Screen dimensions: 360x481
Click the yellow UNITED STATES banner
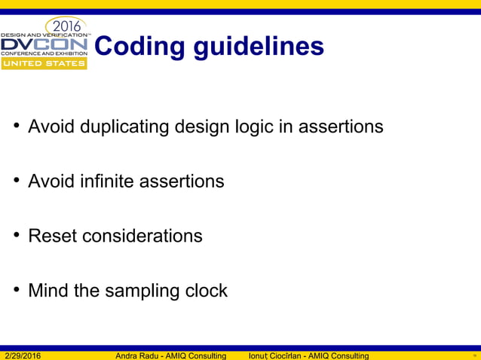pyautogui.click(x=44, y=63)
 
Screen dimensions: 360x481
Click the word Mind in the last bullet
pyautogui.click(x=47, y=291)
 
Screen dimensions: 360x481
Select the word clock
pyautogui.click(x=206, y=291)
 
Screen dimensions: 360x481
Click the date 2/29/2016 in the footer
pyautogui.click(x=23, y=355)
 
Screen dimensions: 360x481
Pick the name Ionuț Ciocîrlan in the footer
pyautogui.click(x=279, y=355)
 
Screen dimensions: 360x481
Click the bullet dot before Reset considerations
pyautogui.click(x=15, y=236)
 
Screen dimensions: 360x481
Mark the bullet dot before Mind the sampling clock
pyautogui.click(x=15, y=291)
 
